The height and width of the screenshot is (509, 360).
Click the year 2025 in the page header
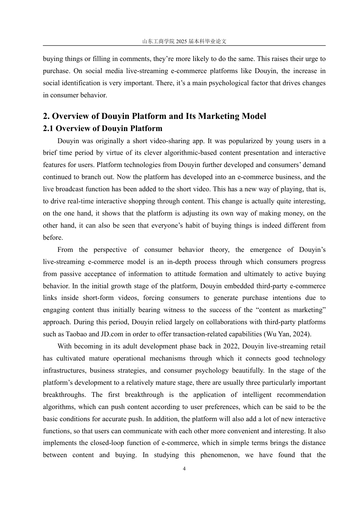(182, 41)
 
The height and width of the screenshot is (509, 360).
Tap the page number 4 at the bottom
(184, 469)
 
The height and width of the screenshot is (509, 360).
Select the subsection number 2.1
(48, 128)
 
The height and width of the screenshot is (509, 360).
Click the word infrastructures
(64, 370)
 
